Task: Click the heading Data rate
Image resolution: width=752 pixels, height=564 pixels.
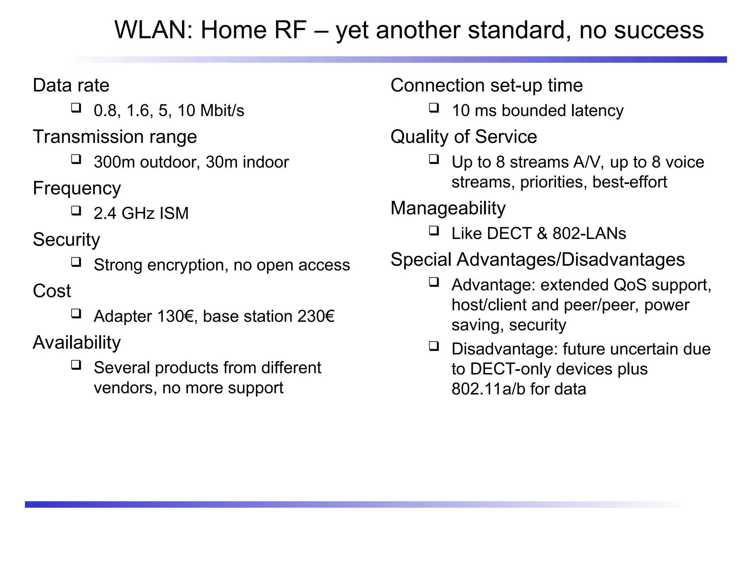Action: click(71, 86)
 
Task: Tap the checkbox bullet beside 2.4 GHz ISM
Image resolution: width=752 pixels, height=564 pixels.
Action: click(76, 211)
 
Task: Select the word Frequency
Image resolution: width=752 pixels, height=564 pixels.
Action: click(77, 189)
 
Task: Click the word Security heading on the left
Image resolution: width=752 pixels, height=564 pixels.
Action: click(66, 240)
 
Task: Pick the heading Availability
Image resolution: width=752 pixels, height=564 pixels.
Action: click(77, 343)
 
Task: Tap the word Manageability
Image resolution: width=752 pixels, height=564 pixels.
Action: click(448, 209)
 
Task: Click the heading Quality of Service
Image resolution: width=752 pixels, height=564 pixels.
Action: click(463, 137)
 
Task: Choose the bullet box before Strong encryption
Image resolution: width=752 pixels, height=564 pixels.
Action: click(76, 262)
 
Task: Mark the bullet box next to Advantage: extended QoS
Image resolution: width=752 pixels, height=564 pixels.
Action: click(434, 282)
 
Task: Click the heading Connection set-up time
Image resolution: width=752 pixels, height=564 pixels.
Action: click(487, 86)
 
